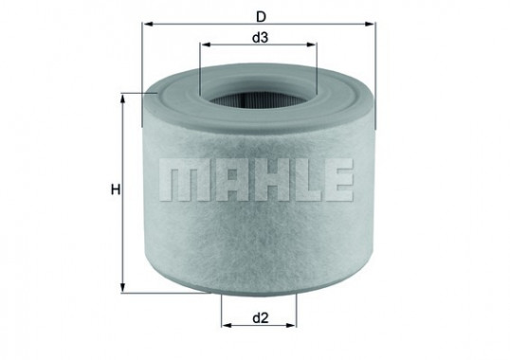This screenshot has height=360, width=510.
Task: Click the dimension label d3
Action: [x=258, y=37]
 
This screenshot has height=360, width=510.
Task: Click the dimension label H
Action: [x=113, y=190]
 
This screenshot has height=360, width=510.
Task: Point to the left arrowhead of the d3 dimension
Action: [x=205, y=48]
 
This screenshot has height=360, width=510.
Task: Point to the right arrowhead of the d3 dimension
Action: [x=312, y=48]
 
